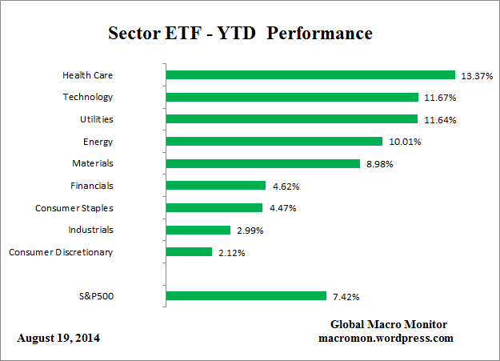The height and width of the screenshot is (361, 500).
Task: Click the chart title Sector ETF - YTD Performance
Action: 240,34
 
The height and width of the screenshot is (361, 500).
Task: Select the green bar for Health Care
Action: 310,75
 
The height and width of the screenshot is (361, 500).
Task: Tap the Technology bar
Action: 292,98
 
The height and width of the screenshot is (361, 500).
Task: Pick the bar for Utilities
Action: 292,119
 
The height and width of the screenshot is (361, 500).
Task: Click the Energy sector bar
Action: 274,142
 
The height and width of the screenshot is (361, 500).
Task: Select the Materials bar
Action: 263,163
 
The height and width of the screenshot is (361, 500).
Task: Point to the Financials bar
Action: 216,186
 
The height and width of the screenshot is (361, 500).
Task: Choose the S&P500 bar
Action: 246,296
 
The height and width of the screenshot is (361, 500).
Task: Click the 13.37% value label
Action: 477,76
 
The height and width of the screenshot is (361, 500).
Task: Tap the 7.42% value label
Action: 346,297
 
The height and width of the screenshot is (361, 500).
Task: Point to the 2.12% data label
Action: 231,253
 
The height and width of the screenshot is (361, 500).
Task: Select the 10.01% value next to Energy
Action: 405,142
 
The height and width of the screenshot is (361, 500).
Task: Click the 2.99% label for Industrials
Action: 249,231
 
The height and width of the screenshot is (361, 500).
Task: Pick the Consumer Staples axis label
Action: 74,208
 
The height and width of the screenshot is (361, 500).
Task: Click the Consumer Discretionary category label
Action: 61,252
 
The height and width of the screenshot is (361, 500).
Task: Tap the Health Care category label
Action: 87,75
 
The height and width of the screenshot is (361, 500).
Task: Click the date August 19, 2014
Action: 58,339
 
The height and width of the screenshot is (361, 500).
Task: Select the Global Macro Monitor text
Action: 389,324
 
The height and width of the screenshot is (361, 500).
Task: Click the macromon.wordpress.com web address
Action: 386,338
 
